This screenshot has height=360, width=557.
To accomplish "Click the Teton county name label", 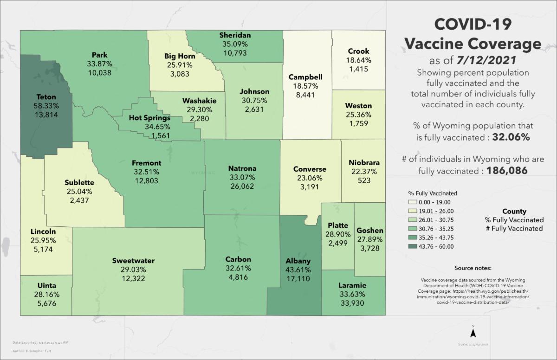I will coord(46,97).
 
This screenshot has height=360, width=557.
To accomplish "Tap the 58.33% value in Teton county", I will coord(46,106).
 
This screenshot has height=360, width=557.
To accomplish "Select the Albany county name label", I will coord(298,261).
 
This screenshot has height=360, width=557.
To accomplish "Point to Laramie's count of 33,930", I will coord(352,303).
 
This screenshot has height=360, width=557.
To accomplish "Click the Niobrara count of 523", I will coord(364,180).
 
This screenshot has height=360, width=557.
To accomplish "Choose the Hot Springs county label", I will coord(149,118).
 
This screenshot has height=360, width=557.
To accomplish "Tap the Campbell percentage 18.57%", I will coord(305,86).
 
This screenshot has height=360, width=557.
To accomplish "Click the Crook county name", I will coord(358,51).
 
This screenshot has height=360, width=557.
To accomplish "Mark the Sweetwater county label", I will coord(133,261).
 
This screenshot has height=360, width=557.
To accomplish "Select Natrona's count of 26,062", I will coord(242,186).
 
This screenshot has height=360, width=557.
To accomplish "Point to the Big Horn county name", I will coord(179,57).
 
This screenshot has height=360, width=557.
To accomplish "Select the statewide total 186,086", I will coord(507,171).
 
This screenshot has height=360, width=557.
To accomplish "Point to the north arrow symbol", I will coord(473,332).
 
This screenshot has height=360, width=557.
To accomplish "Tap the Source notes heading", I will coord(473,268).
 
